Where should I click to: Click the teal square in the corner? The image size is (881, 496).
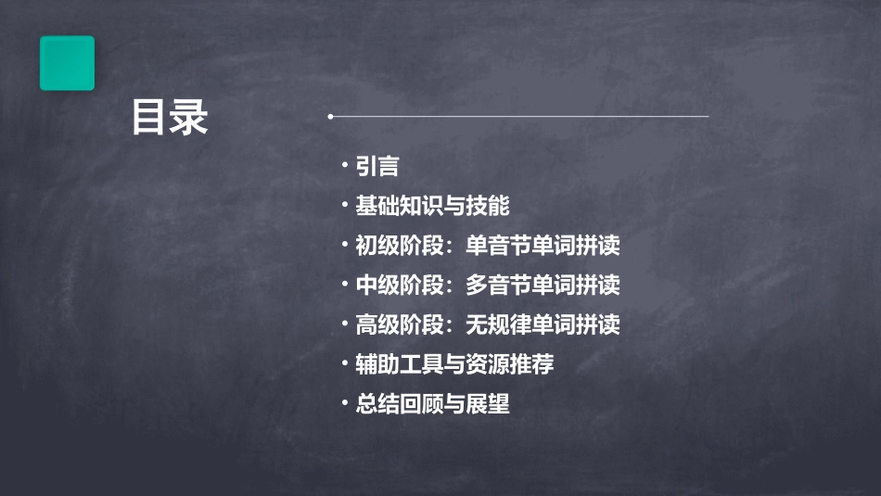pyautogui.click(x=67, y=63)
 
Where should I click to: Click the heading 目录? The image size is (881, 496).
pyautogui.click(x=170, y=119)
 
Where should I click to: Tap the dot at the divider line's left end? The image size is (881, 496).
pyautogui.click(x=330, y=117)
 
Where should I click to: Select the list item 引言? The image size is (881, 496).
pyautogui.click(x=377, y=167)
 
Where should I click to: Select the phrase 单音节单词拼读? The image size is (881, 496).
pyautogui.click(x=543, y=247)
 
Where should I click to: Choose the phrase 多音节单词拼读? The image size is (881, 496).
pyautogui.click(x=543, y=286)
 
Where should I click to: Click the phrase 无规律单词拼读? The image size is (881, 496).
pyautogui.click(x=543, y=325)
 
